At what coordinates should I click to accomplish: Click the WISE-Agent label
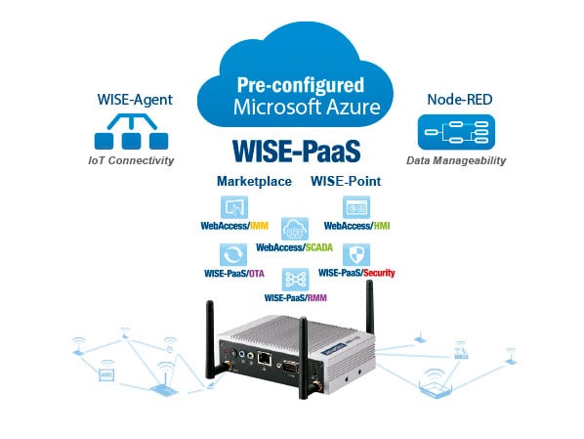[135, 100]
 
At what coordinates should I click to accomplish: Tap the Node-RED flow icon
[457, 132]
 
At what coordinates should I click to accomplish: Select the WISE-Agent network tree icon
[131, 132]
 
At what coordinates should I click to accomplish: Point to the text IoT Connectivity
[131, 160]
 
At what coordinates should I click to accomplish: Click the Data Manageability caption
[456, 160]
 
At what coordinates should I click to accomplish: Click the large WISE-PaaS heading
[297, 151]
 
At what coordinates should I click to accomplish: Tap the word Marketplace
[254, 181]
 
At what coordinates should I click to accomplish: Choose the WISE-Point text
[346, 181]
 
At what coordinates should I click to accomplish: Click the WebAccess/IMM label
[234, 226]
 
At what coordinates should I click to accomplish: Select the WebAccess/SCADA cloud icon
[295, 229]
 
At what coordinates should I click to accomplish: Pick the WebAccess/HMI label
[356, 226]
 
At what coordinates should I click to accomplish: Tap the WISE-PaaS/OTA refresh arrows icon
[233, 255]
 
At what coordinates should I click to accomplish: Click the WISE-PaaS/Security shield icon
[356, 255]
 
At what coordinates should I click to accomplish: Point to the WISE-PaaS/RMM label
[295, 297]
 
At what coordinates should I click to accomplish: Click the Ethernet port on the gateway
[264, 359]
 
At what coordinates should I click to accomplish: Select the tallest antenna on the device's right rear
[369, 308]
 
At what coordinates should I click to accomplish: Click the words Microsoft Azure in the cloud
[307, 107]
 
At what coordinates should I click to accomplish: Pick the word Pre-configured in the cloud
[301, 85]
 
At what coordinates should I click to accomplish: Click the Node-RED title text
[460, 100]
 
